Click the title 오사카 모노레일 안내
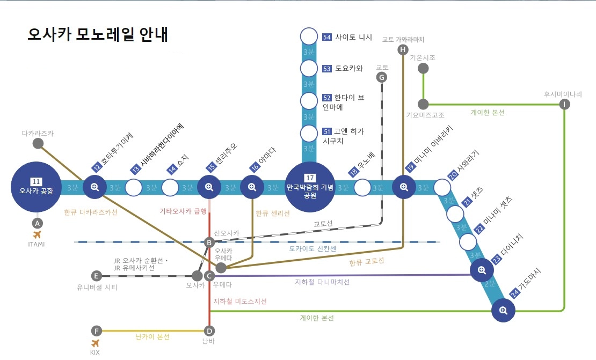98,34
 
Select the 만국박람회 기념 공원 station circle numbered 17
310,187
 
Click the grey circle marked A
37,223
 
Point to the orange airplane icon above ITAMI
37,234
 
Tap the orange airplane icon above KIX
96,343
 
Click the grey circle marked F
96,330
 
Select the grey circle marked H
403,50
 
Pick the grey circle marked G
382,77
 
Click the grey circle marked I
564,104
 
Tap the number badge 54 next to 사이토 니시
327,37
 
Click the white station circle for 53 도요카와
309,68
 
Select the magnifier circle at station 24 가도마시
503,310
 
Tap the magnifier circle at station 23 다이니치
482,270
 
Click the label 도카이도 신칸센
312,249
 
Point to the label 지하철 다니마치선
322,282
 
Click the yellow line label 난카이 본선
152,337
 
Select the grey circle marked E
97,276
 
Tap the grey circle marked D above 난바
209,330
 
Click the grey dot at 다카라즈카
38,143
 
